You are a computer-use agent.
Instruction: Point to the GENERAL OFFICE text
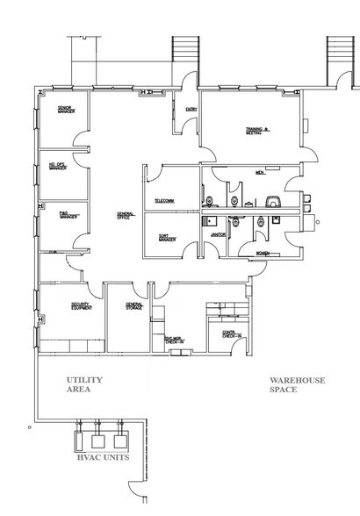tap(125, 216)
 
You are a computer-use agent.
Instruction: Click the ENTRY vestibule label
tap(191, 108)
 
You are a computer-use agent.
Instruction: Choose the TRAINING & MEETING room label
tap(256, 133)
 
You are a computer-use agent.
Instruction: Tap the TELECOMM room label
tap(164, 201)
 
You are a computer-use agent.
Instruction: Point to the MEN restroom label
tap(259, 173)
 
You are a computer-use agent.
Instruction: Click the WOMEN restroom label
tap(261, 253)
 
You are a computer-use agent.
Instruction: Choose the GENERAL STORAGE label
tap(133, 306)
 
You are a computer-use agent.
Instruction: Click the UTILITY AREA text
tap(86, 384)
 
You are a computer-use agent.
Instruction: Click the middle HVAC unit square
tap(97, 436)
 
